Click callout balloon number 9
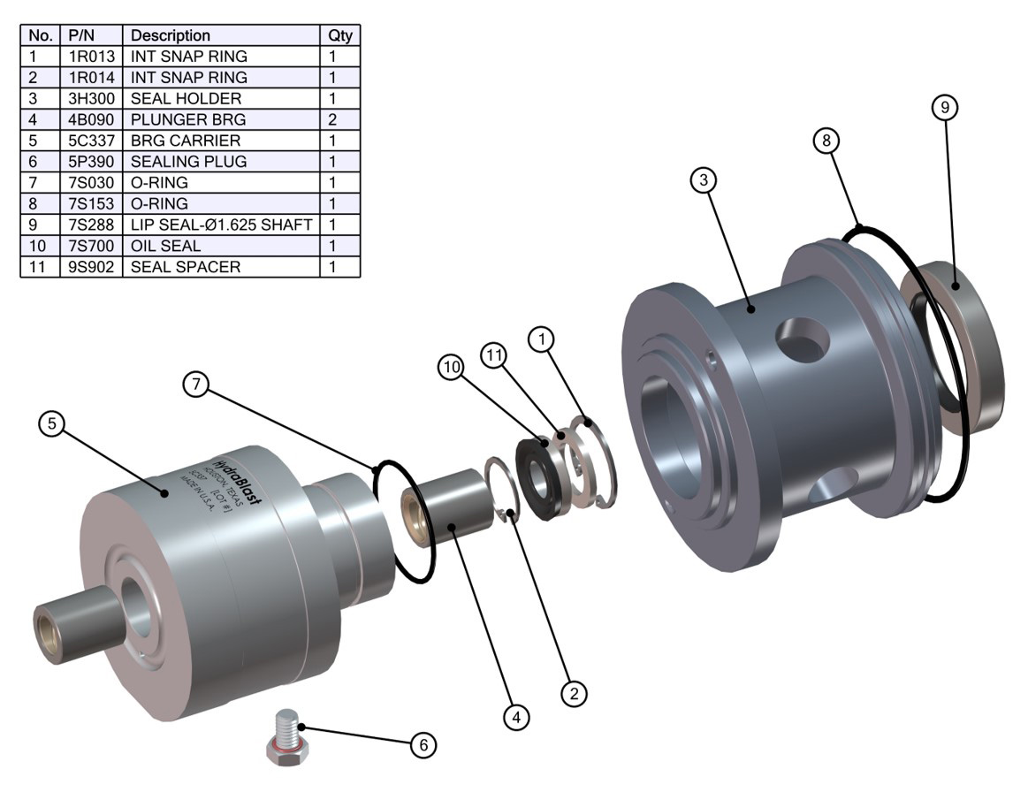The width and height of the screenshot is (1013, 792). [x=945, y=108]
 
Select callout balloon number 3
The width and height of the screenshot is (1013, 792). [x=704, y=180]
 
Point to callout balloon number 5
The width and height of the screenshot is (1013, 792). [x=53, y=424]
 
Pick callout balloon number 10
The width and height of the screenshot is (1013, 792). [x=453, y=368]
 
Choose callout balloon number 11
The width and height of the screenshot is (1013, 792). [x=493, y=354]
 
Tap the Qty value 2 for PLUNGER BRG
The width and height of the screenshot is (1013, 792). [x=340, y=119]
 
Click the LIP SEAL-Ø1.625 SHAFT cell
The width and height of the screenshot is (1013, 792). [x=222, y=225]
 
